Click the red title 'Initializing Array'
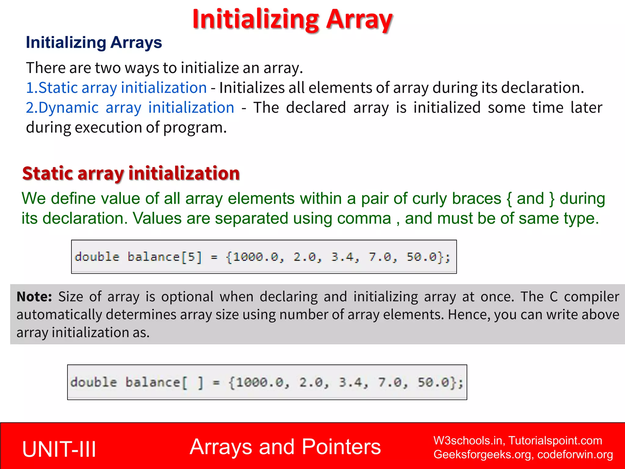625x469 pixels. tap(292, 20)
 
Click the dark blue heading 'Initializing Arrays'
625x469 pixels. tap(94, 42)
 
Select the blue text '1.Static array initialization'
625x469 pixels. tap(116, 88)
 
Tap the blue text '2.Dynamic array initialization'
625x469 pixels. tap(130, 108)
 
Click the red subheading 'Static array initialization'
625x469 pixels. tap(131, 173)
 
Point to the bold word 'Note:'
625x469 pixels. tap(34, 297)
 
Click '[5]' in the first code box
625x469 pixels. tap(192, 257)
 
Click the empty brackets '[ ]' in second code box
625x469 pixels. tap(193, 383)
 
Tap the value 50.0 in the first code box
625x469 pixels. tap(421, 257)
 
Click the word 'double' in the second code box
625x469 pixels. tap(94, 383)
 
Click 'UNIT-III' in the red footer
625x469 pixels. tap(59, 449)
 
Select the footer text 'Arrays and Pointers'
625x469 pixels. tap(285, 447)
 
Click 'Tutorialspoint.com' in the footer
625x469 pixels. tap(555, 441)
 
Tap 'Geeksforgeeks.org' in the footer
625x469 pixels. tap(482, 455)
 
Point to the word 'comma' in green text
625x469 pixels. tap(364, 219)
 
